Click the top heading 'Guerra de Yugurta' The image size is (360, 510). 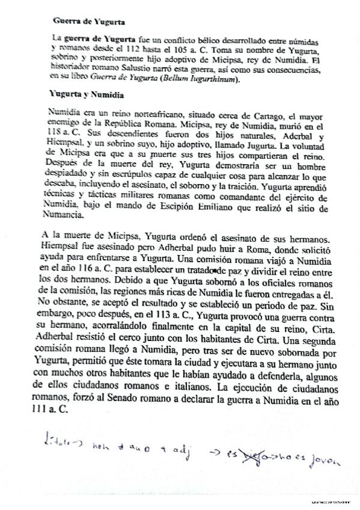pyautogui.click(x=89, y=23)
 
